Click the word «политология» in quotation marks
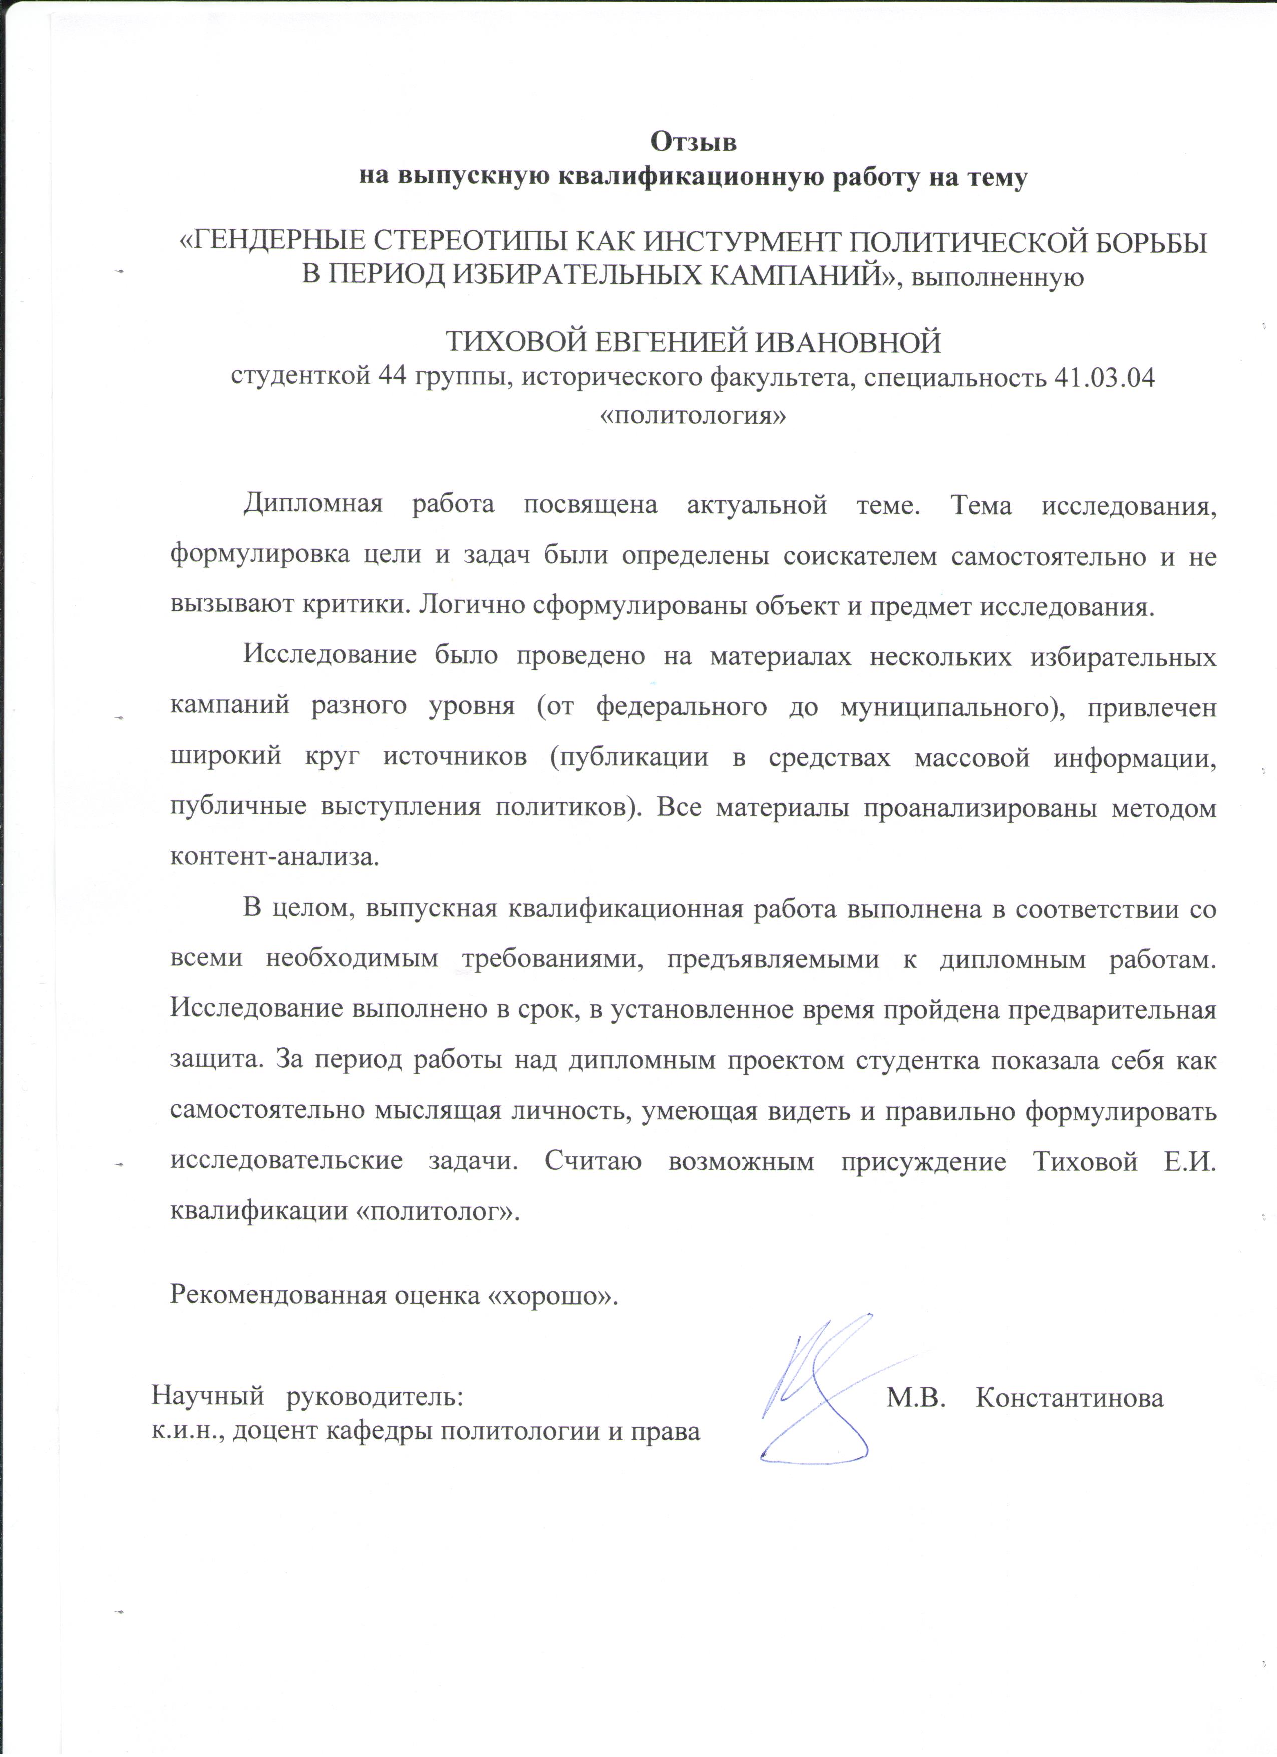coord(694,415)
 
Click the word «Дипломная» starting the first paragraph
coord(313,505)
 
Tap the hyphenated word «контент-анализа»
coord(274,857)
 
